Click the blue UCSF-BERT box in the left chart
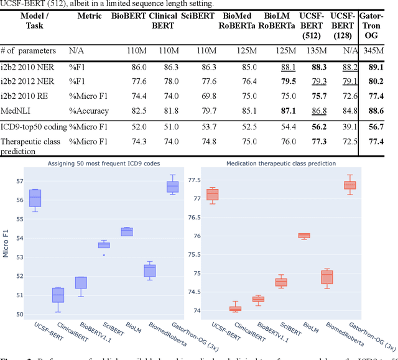pos(35,197)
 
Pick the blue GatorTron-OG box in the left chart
pos(172,187)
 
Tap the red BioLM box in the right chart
pos(303,236)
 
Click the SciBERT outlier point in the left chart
pos(104,255)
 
